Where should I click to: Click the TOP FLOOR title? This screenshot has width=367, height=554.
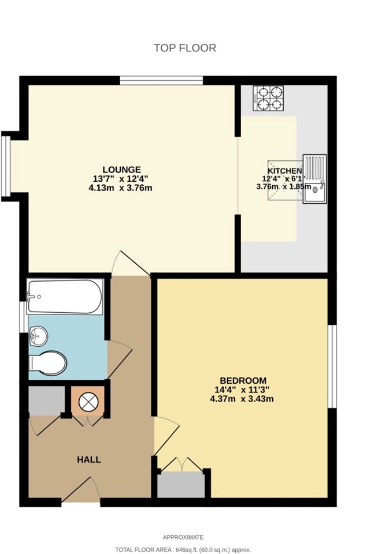tap(185, 48)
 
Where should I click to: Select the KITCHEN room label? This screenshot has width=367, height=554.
tap(284, 171)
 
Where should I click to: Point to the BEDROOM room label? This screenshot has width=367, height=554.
tap(243, 380)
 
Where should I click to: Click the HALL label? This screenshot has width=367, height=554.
tap(89, 460)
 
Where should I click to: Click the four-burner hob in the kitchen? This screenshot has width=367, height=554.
tap(268, 98)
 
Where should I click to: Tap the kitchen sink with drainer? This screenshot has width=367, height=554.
tap(314, 179)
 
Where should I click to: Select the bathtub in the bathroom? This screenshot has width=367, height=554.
tap(65, 297)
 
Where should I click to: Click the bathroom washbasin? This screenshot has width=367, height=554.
tap(38, 336)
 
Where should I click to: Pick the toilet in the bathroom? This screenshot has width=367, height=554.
tap(48, 363)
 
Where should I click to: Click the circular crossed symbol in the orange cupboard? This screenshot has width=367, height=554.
tap(87, 402)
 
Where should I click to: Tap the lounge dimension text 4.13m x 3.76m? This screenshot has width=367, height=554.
tap(120, 188)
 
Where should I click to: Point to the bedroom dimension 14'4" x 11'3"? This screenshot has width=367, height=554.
tap(242, 390)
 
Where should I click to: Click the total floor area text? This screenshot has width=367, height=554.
tap(183, 550)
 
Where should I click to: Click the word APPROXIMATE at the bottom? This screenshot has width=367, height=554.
tap(183, 537)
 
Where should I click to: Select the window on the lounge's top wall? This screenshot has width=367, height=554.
tap(161, 81)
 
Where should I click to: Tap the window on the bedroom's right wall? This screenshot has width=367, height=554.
tap(332, 366)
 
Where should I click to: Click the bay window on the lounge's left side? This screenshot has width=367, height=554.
tap(6, 166)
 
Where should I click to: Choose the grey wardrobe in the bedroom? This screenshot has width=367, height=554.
tap(181, 485)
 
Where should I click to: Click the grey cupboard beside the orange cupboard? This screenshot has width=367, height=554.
tap(47, 400)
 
